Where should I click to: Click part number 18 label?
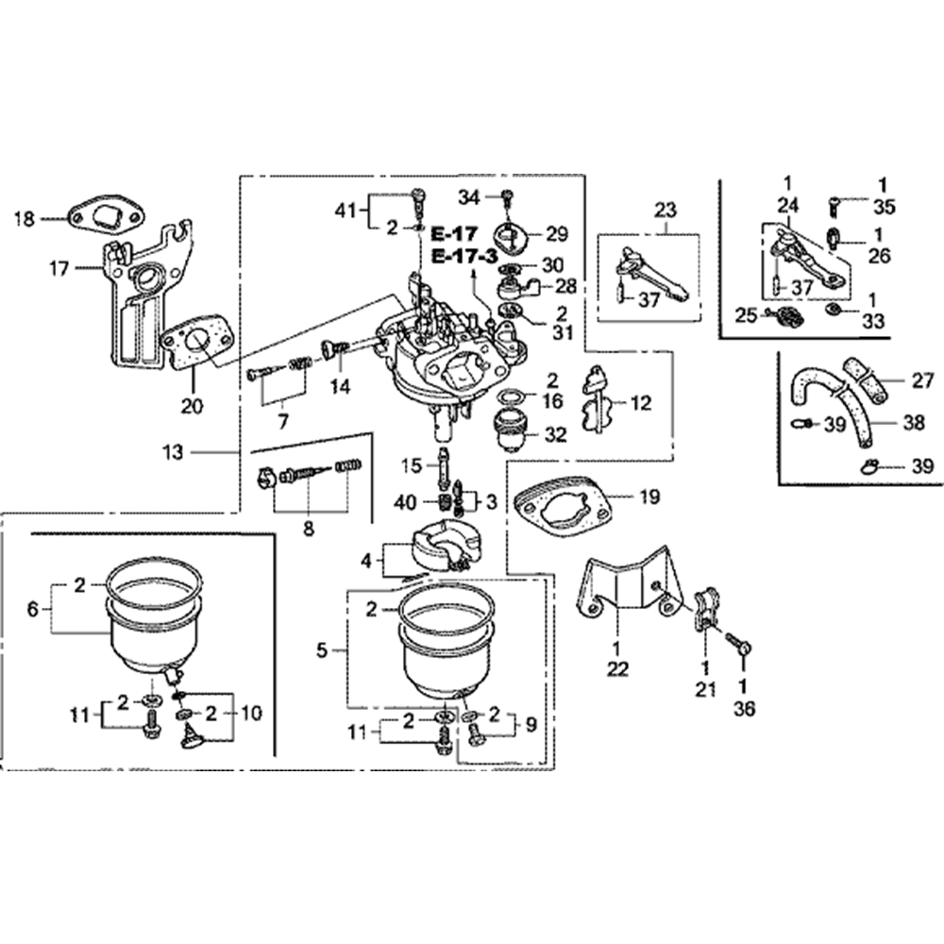25,219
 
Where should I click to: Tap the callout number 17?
59,269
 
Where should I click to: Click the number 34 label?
470,196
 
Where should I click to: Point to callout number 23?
666,208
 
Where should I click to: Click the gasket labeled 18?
103,214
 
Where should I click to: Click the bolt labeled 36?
739,646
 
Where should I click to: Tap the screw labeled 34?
507,198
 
